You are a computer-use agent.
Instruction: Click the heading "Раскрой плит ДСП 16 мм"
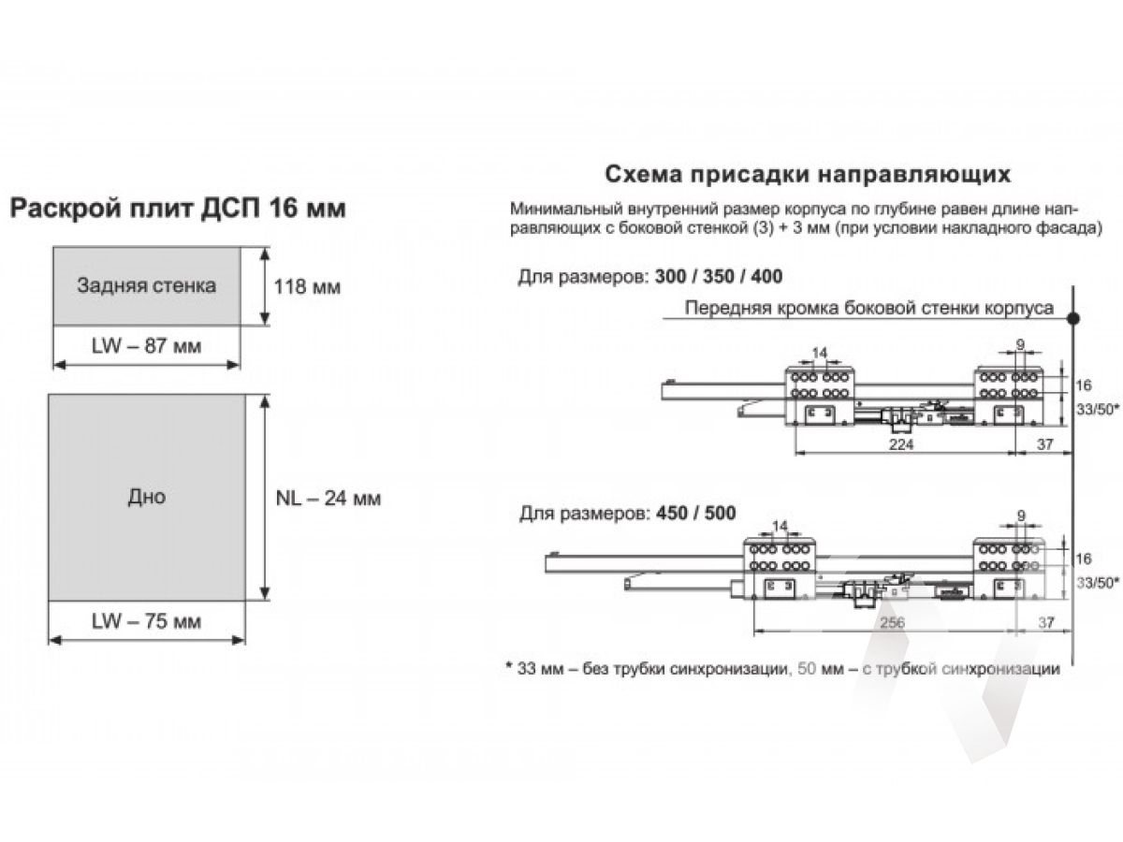pyautogui.click(x=178, y=209)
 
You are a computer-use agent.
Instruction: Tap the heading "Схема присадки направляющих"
pyautogui.click(x=808, y=174)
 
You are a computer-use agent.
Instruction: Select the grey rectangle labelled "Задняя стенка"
pyautogui.click(x=147, y=285)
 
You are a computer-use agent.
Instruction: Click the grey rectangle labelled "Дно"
pyautogui.click(x=147, y=497)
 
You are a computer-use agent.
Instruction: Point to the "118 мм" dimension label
pyautogui.click(x=307, y=287)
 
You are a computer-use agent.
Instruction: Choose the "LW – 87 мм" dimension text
pyautogui.click(x=146, y=346)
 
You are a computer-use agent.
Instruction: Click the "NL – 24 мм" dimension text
pyautogui.click(x=328, y=498)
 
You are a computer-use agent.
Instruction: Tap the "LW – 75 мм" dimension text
pyautogui.click(x=146, y=621)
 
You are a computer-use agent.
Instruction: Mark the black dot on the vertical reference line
pyautogui.click(x=1072, y=318)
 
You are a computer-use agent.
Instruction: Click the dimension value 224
pyautogui.click(x=901, y=443)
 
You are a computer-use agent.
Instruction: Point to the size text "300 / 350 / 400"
pyautogui.click(x=719, y=277)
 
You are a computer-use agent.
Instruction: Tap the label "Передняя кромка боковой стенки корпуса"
pyautogui.click(x=869, y=308)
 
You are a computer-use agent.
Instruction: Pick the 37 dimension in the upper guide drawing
pyautogui.click(x=1044, y=444)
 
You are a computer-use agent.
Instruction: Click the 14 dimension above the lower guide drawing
pyautogui.click(x=780, y=526)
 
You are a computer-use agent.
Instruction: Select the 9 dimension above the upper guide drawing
pyautogui.click(x=1021, y=344)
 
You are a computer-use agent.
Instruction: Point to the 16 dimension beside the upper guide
pyautogui.click(x=1083, y=385)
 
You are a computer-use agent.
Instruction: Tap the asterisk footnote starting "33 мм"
pyautogui.click(x=782, y=668)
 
